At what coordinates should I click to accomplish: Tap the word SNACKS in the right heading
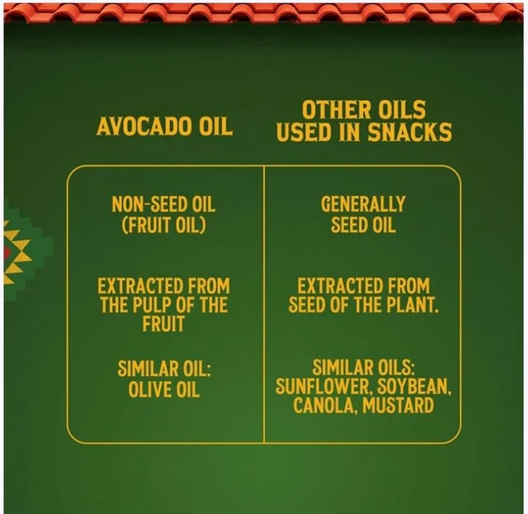409,132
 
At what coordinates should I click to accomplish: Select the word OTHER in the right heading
335,110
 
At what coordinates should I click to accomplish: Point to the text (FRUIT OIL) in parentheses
163,225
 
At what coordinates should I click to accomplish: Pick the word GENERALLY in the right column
363,204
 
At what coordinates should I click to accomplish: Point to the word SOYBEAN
414,387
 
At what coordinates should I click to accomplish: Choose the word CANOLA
321,406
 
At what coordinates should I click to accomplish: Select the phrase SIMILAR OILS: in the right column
363,368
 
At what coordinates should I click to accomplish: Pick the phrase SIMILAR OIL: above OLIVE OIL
164,369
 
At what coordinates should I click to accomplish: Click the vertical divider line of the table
264,304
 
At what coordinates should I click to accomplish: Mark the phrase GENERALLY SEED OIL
363,215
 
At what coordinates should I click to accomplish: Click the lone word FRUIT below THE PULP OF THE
163,324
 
